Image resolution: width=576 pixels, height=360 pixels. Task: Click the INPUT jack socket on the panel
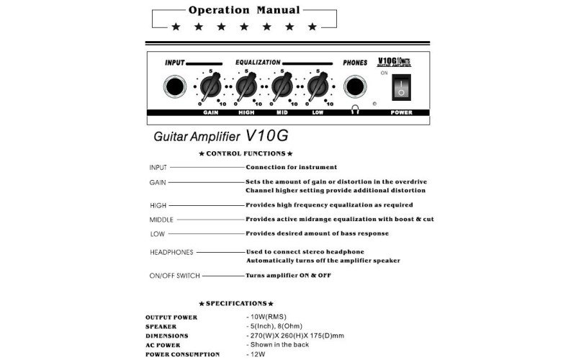click(x=174, y=87)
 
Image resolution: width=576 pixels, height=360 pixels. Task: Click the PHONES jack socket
click(x=354, y=87)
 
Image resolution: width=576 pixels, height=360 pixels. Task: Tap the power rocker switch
click(x=402, y=88)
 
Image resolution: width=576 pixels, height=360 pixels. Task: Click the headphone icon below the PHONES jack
click(x=354, y=110)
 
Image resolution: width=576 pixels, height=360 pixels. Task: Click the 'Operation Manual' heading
click(x=244, y=10)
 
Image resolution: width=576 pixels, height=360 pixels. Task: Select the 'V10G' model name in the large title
click(x=271, y=135)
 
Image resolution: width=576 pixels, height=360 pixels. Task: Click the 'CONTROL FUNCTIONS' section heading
click(x=246, y=153)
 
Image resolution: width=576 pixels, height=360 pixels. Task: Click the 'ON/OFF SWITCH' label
click(x=174, y=276)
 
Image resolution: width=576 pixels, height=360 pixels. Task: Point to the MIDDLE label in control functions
click(x=161, y=220)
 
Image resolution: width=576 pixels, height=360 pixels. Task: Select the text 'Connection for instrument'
click(x=291, y=167)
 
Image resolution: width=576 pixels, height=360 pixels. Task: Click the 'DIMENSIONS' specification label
click(x=167, y=336)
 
